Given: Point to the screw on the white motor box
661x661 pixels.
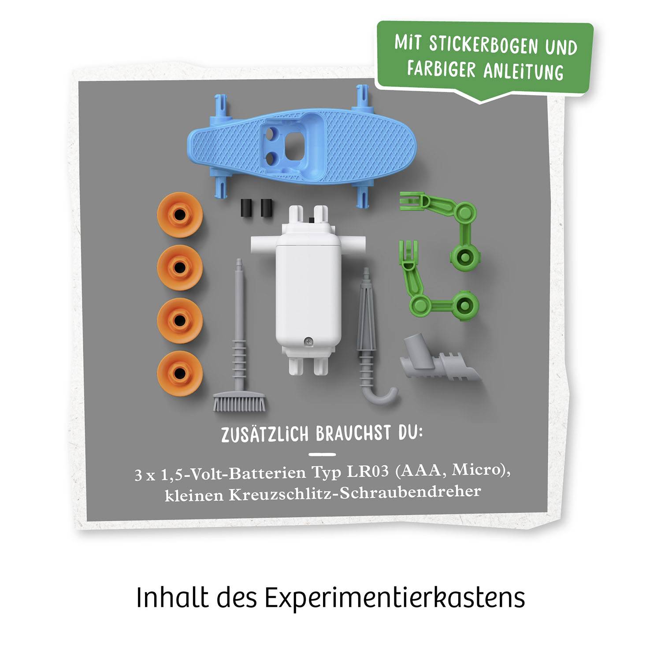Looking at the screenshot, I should point(309,341).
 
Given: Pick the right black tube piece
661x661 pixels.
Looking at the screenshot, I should point(266,208).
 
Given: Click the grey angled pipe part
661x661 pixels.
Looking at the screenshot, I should point(436,361).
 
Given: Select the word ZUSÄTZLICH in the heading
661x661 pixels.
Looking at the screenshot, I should point(264,434).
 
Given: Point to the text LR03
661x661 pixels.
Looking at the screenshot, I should point(368,472).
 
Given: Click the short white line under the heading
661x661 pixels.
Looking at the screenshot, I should point(322,454).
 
